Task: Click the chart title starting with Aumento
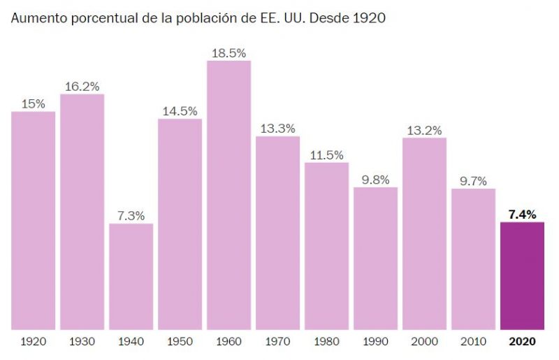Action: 198,17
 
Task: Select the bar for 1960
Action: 228,195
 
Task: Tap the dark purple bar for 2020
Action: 522,275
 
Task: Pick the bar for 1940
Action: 131,276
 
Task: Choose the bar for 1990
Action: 375,258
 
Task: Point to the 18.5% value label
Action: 228,52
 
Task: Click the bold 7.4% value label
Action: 522,214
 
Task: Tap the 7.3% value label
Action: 131,215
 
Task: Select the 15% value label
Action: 33,103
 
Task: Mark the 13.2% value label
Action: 424,129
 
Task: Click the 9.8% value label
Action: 375,179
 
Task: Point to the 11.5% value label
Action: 326,154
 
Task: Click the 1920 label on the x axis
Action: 33,342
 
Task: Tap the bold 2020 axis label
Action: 522,342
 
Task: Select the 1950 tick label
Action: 180,342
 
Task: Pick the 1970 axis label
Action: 277,342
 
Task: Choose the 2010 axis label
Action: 473,342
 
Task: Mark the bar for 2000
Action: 424,233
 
